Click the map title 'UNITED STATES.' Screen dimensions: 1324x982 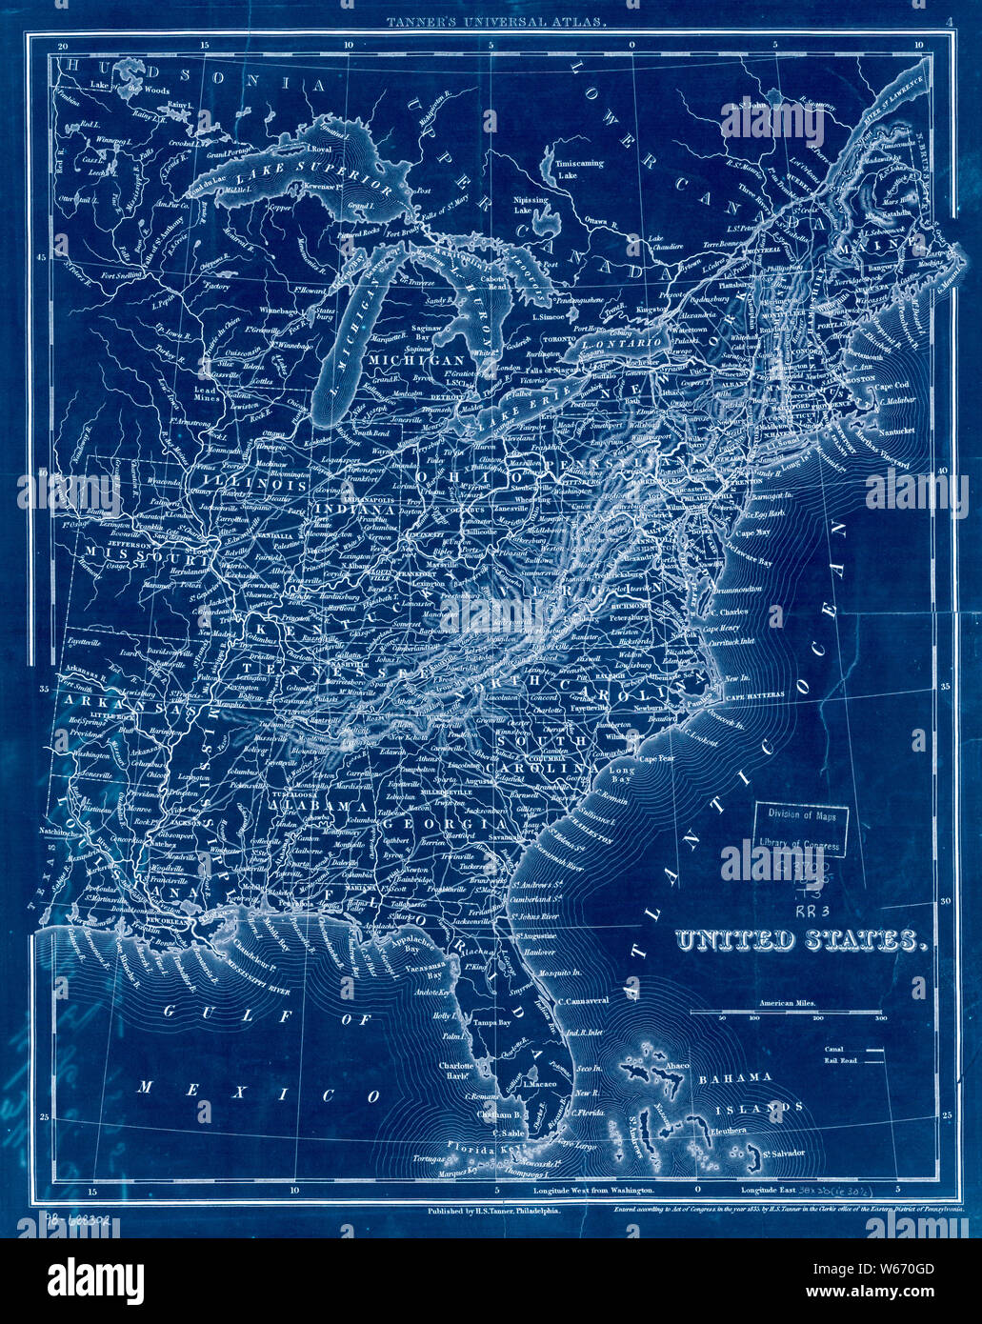(x=800, y=941)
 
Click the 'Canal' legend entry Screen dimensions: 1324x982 (x=835, y=1049)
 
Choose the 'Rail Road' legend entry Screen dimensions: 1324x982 (x=841, y=1060)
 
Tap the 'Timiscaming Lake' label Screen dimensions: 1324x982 (x=580, y=170)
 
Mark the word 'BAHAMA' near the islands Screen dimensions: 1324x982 (x=734, y=1077)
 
